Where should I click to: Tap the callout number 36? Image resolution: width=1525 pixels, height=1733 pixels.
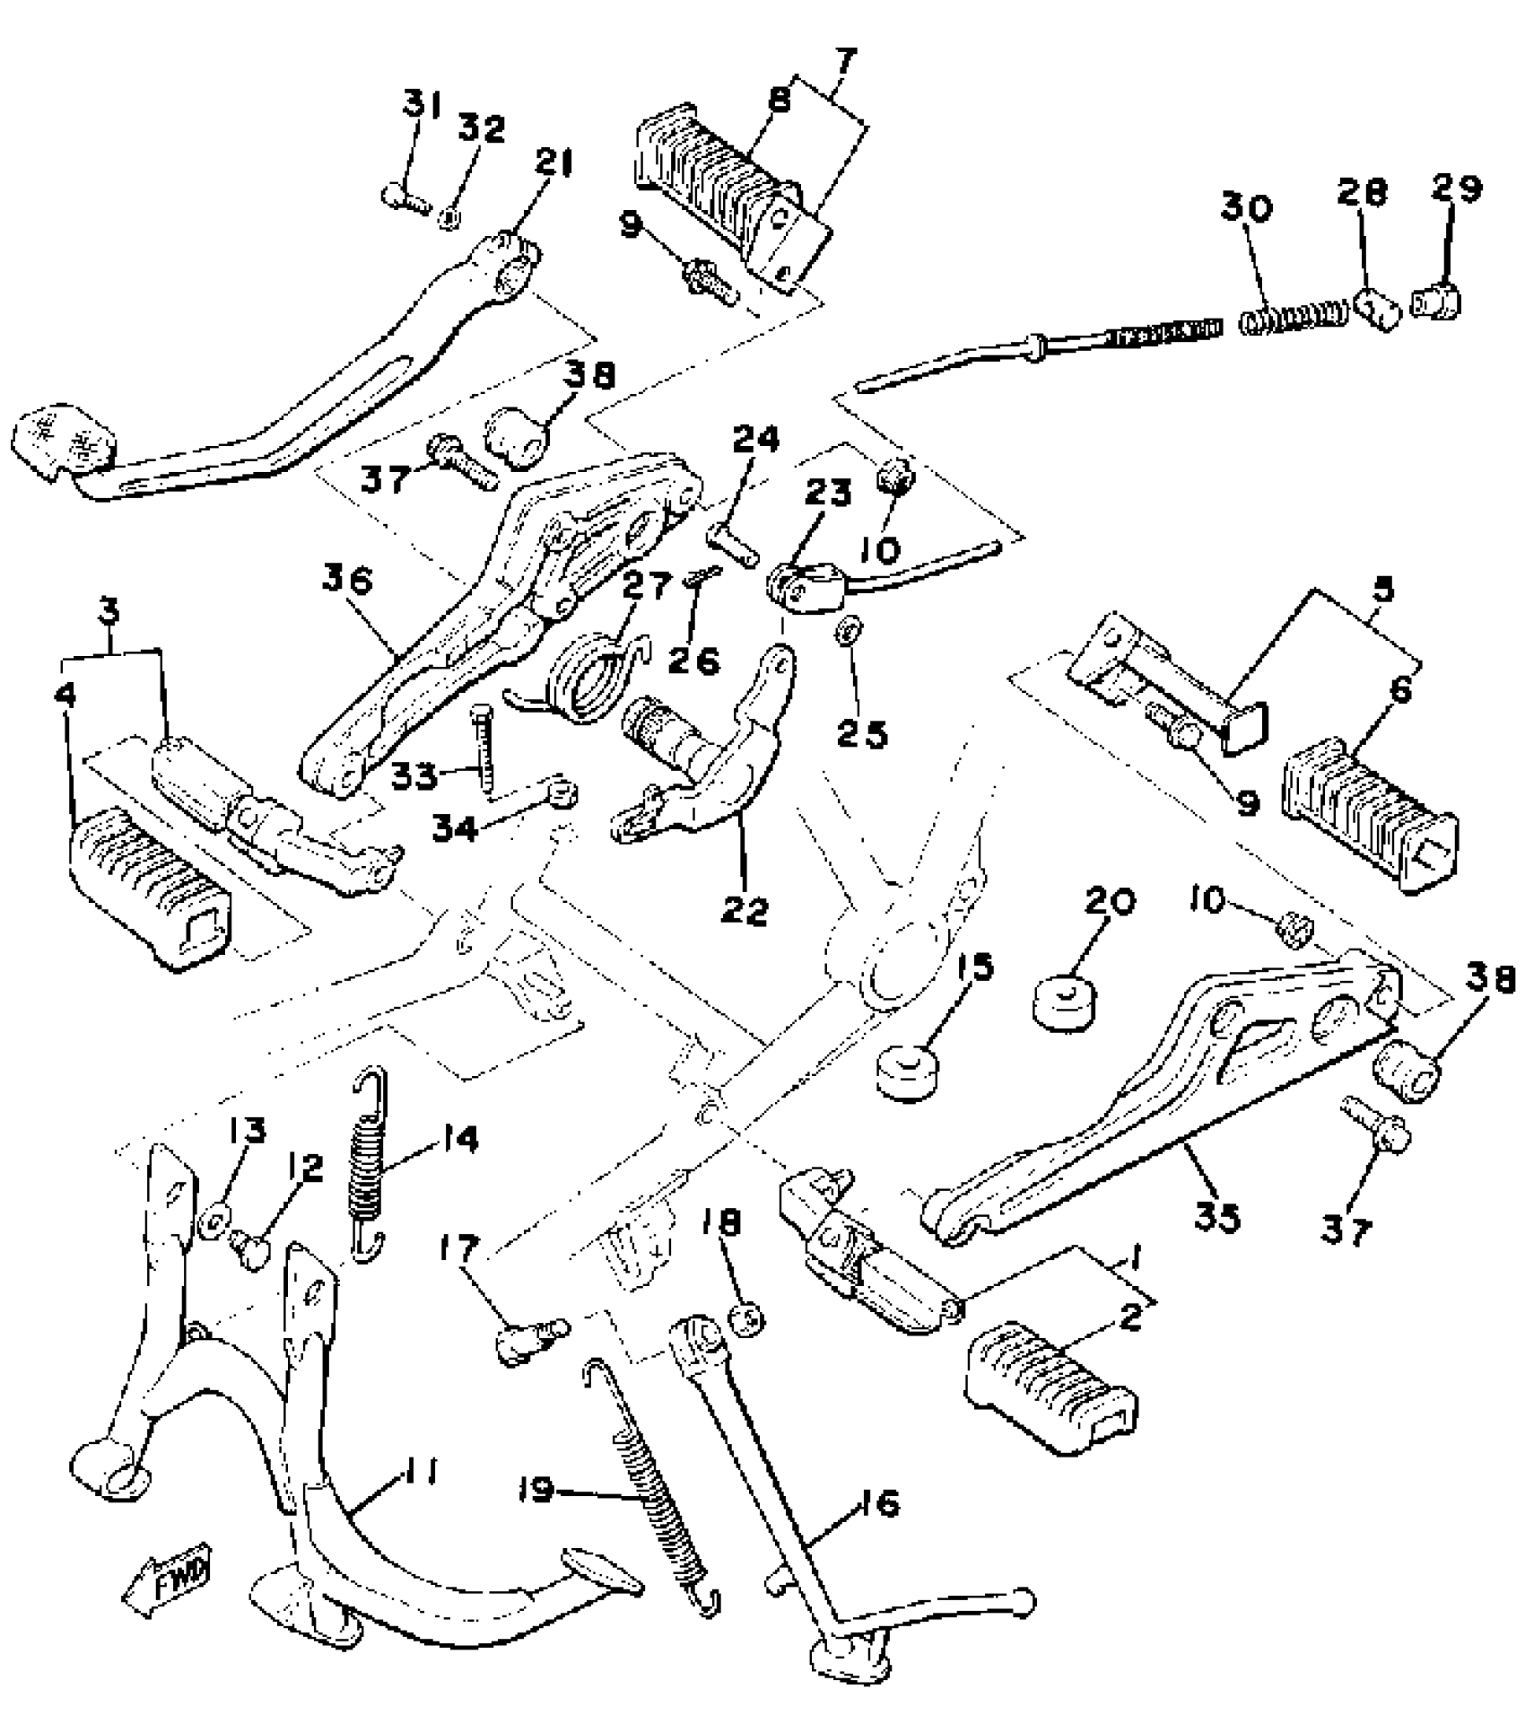point(347,582)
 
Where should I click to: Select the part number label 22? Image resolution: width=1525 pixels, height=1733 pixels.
point(745,911)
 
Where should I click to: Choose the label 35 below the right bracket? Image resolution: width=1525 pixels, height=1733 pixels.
point(1216,1218)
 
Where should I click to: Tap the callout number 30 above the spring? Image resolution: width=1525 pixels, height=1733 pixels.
point(1246,208)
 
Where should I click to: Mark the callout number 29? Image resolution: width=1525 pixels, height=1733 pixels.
point(1456,188)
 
